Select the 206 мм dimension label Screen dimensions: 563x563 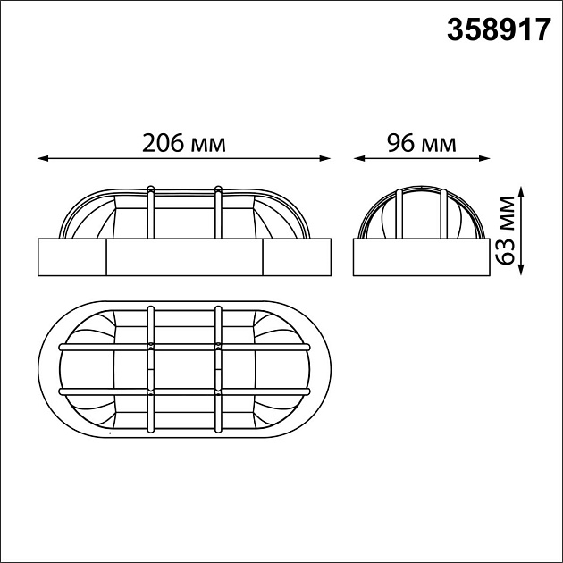[183, 142]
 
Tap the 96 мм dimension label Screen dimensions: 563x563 [421, 142]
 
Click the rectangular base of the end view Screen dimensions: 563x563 [421, 256]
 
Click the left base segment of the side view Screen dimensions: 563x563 [71, 256]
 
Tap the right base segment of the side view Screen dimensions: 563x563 [296, 256]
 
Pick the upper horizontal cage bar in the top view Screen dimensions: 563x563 [183, 346]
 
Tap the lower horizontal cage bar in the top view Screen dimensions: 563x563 [183, 391]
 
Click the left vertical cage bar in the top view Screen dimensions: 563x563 [151, 368]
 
